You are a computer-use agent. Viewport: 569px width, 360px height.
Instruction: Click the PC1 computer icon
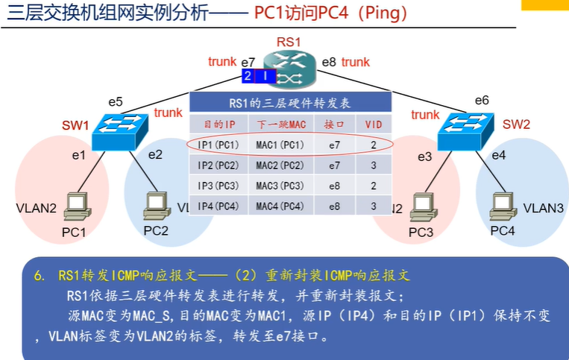pos(75,206)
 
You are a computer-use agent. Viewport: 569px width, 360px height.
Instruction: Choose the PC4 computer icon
pos(501,205)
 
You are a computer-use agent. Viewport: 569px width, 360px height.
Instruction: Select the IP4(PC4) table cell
pos(219,206)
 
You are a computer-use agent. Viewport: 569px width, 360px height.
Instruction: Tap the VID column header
pos(372,123)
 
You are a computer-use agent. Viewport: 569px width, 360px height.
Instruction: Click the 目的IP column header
pos(219,123)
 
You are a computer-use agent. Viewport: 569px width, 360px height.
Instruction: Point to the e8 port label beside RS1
pos(329,63)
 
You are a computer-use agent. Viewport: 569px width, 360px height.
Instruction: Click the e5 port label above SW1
pos(115,101)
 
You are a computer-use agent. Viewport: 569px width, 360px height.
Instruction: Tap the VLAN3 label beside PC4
pos(543,208)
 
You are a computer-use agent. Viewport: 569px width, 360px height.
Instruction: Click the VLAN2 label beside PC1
pos(36,208)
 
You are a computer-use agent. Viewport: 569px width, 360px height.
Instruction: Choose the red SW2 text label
pos(516,124)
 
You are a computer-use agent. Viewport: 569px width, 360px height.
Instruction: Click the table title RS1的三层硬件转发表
pos(290,103)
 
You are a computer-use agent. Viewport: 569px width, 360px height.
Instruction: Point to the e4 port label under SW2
pos(498,155)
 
